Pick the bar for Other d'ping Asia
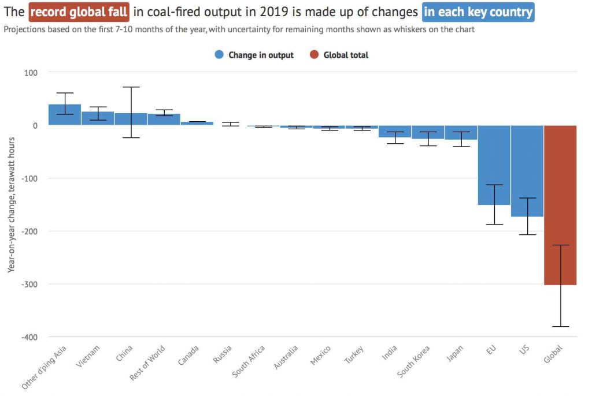pos(65,115)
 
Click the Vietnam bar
pos(98,118)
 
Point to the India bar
pos(395,132)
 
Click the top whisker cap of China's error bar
pos(131,87)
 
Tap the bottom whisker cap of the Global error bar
pos(560,327)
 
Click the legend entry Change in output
pos(254,55)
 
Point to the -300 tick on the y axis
pos(27,284)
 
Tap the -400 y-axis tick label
pos(27,337)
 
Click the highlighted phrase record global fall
pos(79,12)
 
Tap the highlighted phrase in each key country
pos(478,12)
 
